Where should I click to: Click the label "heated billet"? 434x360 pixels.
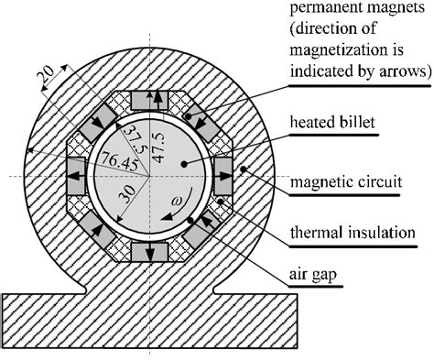coord(330,125)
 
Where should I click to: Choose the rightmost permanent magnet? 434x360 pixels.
coord(223,175)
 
